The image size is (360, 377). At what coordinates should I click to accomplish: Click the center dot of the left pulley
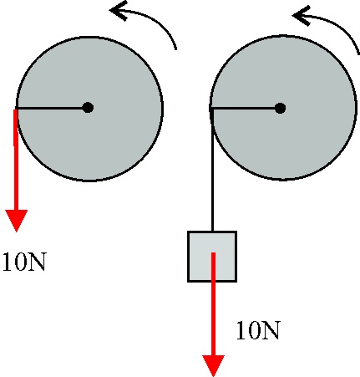(x=88, y=108)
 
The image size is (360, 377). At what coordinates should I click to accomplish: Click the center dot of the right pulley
(x=280, y=108)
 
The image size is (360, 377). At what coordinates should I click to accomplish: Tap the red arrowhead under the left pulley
(x=17, y=221)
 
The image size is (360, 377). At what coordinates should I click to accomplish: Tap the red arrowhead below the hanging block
(x=213, y=365)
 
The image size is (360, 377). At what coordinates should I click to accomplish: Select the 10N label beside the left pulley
(x=24, y=262)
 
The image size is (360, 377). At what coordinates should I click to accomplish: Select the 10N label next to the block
(x=258, y=330)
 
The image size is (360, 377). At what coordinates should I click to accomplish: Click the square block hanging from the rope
(x=212, y=257)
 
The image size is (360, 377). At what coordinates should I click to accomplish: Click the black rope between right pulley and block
(x=212, y=170)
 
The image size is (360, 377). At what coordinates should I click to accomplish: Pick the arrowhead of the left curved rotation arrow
(x=119, y=11)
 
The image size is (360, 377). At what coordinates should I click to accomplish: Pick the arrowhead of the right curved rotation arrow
(x=302, y=16)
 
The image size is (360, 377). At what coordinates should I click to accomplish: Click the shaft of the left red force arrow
(x=16, y=160)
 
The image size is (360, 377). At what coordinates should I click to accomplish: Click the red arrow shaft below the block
(x=213, y=303)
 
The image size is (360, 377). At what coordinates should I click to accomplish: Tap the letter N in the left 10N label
(x=37, y=262)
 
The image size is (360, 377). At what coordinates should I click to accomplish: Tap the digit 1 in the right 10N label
(x=241, y=330)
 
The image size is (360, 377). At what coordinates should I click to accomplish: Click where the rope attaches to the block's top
(x=212, y=232)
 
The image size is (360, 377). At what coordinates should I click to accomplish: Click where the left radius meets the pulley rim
(x=17, y=108)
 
